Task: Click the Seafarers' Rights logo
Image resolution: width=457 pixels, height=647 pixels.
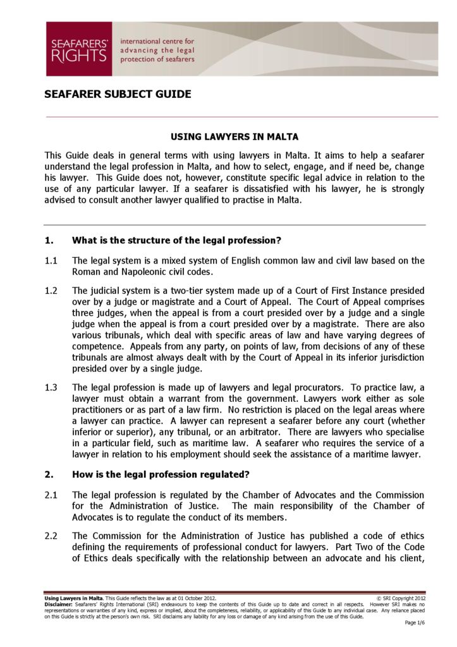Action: pyautogui.click(x=78, y=49)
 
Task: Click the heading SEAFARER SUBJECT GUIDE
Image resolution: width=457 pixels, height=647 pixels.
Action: pyautogui.click(x=118, y=95)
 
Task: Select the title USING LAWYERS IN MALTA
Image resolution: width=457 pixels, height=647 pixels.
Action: pyautogui.click(x=235, y=136)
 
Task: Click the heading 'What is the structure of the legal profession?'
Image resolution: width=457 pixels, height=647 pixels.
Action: pyautogui.click(x=176, y=240)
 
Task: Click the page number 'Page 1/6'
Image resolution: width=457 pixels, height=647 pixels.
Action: pyautogui.click(x=415, y=623)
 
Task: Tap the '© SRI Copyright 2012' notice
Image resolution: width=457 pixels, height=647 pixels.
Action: pyautogui.click(x=401, y=597)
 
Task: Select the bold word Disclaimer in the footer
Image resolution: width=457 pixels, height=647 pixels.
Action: pyautogui.click(x=58, y=603)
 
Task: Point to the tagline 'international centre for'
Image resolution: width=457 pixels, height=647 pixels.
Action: pyautogui.click(x=157, y=41)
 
